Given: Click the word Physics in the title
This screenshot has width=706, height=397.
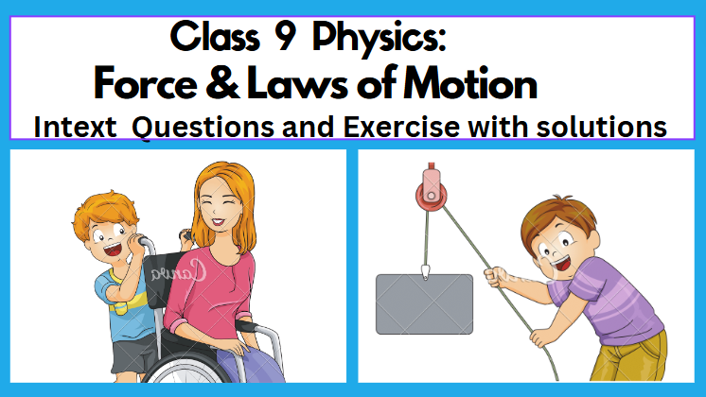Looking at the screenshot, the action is (379, 38).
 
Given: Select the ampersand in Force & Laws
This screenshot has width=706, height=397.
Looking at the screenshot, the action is (223, 82).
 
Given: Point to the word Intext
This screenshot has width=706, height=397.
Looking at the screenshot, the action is (75, 127).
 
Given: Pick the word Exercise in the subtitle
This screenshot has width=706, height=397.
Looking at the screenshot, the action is (401, 127).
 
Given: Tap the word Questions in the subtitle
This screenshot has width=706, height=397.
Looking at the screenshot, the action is (203, 128).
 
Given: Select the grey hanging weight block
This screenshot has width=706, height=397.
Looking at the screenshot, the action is (424, 304).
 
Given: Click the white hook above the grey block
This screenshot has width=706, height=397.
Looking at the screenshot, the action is (425, 271).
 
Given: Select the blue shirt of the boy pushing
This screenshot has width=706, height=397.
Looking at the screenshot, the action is (119, 305).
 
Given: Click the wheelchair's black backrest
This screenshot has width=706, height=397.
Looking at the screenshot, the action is (161, 279).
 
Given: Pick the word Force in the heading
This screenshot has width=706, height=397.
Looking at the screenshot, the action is (146, 83).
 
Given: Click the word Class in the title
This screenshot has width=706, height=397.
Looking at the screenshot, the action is (215, 37).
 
